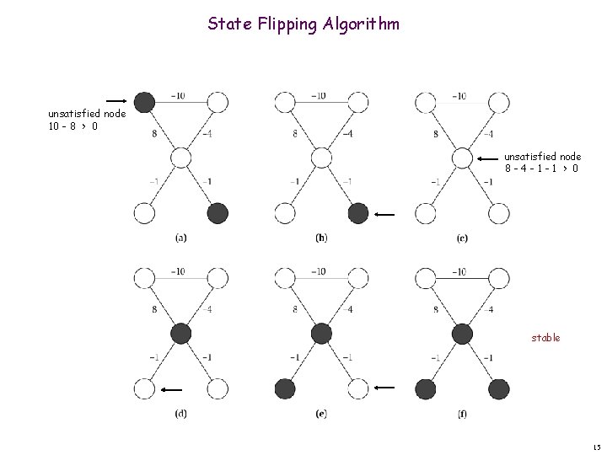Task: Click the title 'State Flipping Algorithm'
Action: (303, 24)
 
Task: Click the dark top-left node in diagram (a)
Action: (145, 103)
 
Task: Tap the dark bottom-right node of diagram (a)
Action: (218, 213)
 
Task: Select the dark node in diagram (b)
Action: (358, 213)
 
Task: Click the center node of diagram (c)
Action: (462, 158)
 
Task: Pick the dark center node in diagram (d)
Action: (181, 334)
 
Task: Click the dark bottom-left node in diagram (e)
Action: (285, 388)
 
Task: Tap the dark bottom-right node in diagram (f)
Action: (498, 388)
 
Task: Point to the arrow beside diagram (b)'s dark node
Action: (384, 215)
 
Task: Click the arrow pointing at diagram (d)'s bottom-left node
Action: (173, 389)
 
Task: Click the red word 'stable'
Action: (545, 337)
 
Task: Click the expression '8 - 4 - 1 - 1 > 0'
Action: (542, 168)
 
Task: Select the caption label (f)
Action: (461, 414)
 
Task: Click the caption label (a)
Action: (181, 238)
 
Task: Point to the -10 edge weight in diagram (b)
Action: (319, 95)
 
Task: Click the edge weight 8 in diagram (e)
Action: (295, 309)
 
